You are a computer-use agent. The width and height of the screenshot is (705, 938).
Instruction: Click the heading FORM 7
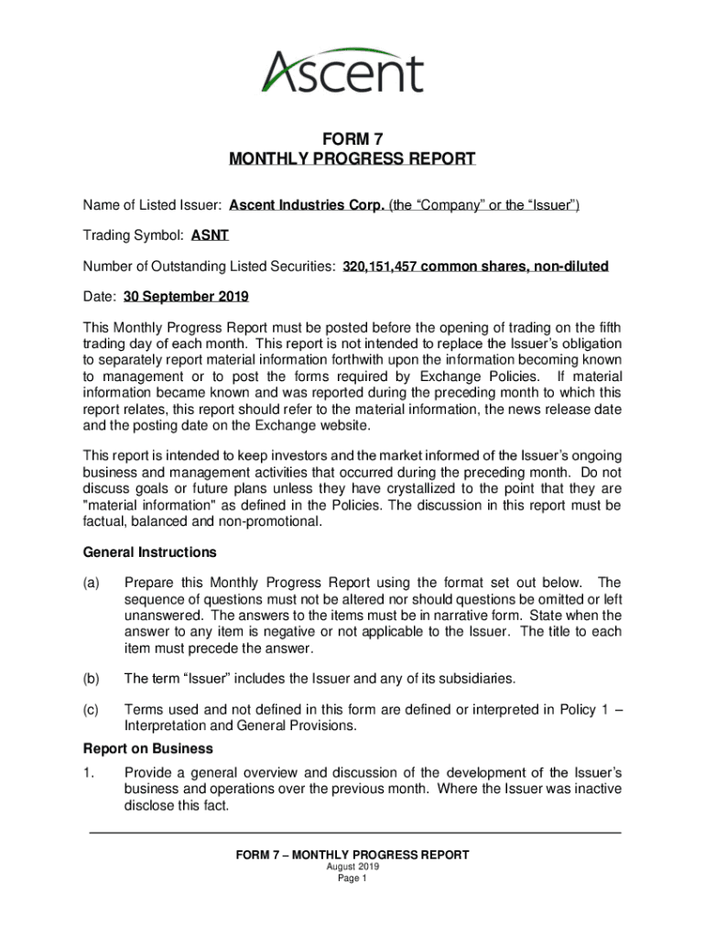pos(352,139)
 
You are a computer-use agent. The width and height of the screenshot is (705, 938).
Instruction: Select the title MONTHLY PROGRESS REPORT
pos(352,159)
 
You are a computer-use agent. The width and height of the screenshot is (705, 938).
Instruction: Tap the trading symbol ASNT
pos(210,235)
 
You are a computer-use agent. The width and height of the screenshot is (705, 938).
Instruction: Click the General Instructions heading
pos(150,552)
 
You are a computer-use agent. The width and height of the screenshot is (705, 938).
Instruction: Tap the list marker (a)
pos(92,583)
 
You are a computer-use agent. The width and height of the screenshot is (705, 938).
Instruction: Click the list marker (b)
pos(92,679)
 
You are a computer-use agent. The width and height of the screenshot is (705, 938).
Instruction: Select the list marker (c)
pos(92,709)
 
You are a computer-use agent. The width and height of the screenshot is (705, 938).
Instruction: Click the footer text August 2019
pos(352,867)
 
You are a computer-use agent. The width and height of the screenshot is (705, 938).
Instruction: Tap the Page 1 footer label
pos(352,878)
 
